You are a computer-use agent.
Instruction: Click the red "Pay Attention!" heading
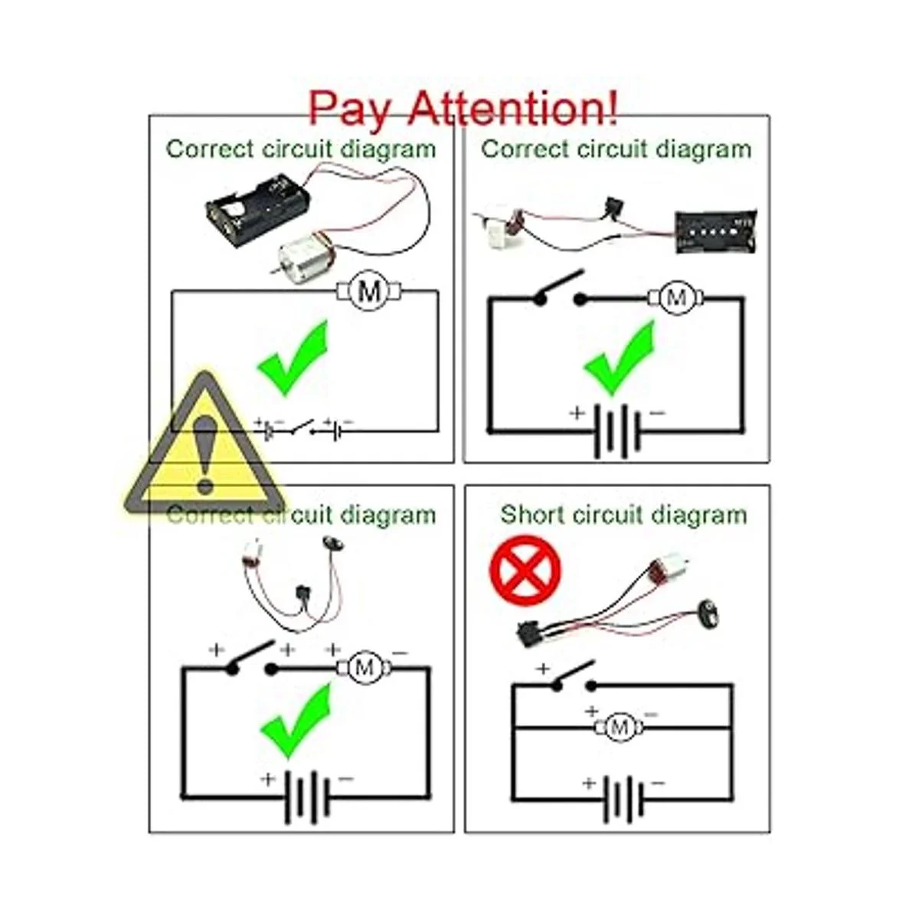(463, 108)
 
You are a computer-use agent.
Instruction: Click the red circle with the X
(525, 570)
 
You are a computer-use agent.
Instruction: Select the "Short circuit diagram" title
(623, 515)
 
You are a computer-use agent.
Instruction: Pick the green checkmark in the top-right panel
(620, 358)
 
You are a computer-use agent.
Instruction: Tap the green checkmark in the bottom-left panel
(296, 721)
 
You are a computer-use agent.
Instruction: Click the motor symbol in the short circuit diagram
(619, 728)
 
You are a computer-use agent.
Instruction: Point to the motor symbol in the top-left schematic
(368, 291)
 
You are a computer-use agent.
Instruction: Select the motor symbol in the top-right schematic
(675, 299)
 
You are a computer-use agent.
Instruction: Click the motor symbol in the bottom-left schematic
(365, 668)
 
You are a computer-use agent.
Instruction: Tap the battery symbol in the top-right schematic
(617, 431)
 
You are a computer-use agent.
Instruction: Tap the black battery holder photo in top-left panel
(258, 211)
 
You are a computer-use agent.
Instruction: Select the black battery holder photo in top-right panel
(716, 232)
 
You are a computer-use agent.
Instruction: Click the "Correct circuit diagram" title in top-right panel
(616, 149)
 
